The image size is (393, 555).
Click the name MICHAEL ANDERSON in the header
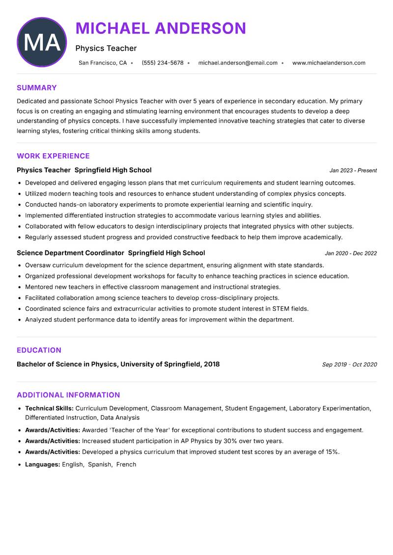161,28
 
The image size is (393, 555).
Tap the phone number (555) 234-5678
162,63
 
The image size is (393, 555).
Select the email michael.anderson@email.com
238,63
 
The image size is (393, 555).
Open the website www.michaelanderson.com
329,63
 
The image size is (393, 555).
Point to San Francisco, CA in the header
103,63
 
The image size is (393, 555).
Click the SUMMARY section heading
37,88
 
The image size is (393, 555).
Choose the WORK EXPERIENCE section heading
53,156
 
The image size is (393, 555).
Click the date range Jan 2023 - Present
353,170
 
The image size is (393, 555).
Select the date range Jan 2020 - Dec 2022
351,253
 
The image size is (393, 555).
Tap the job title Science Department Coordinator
70,253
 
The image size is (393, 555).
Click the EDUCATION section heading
39,350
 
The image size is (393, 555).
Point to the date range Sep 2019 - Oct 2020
349,364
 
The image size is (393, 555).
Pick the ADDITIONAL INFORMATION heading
68,395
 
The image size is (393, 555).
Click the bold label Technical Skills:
49,408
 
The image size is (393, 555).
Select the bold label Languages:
42,464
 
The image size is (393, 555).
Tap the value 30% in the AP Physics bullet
230,441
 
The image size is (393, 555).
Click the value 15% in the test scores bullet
332,452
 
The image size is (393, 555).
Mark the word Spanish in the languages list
100,464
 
